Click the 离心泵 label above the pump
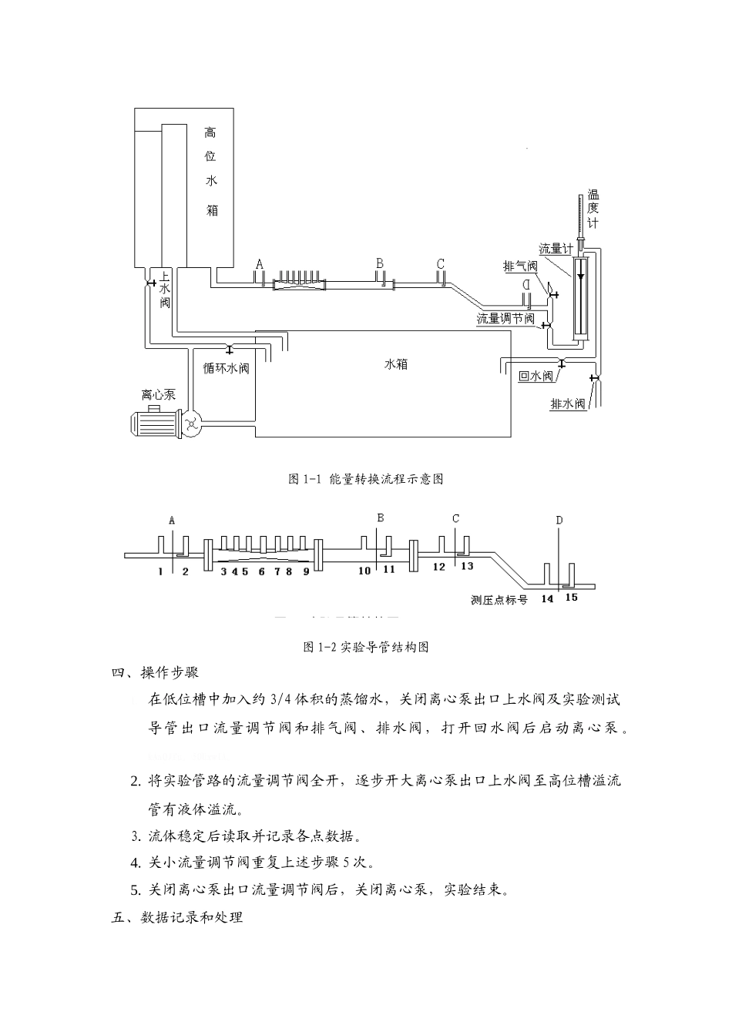pyautogui.click(x=158, y=394)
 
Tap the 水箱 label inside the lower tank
pyautogui.click(x=396, y=364)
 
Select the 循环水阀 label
pyautogui.click(x=226, y=367)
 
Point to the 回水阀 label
pyautogui.click(x=536, y=377)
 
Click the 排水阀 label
pyautogui.click(x=569, y=404)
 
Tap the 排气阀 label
pyautogui.click(x=520, y=266)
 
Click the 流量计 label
pyautogui.click(x=555, y=249)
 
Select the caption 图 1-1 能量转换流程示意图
pyautogui.click(x=366, y=479)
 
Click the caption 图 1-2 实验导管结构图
pyautogui.click(x=366, y=647)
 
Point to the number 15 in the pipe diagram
pyautogui.click(x=571, y=597)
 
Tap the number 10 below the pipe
pyautogui.click(x=364, y=571)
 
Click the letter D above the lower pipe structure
pyautogui.click(x=559, y=521)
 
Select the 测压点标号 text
pyautogui.click(x=499, y=599)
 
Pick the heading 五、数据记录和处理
pyautogui.click(x=177, y=917)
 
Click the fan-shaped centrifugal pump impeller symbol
pyautogui.click(x=191, y=421)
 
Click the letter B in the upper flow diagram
pyautogui.click(x=380, y=263)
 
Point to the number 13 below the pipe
pyautogui.click(x=467, y=566)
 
